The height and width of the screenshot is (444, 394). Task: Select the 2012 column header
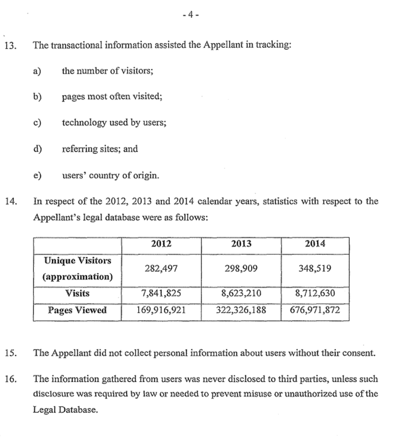click(x=161, y=244)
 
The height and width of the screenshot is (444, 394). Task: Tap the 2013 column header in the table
click(x=241, y=244)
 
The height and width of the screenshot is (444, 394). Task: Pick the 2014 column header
click(x=315, y=244)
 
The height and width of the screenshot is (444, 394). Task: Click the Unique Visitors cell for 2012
click(x=161, y=269)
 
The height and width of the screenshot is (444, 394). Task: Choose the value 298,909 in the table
click(x=241, y=269)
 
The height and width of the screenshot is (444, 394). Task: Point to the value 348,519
click(x=315, y=269)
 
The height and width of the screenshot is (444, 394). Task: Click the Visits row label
click(x=77, y=294)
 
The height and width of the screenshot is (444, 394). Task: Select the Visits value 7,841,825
click(x=161, y=294)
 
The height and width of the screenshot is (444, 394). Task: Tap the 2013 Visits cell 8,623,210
click(x=241, y=294)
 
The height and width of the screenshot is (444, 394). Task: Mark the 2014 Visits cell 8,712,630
click(x=315, y=294)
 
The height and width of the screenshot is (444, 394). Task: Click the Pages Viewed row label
click(x=77, y=310)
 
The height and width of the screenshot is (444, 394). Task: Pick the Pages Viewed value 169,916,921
click(x=161, y=310)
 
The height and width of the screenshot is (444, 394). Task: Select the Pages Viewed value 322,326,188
click(x=241, y=310)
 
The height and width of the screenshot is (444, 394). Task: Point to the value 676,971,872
click(x=315, y=310)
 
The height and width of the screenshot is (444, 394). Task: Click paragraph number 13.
click(x=10, y=46)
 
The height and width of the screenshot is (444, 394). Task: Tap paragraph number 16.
click(x=10, y=379)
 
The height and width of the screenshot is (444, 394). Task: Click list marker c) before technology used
click(x=37, y=123)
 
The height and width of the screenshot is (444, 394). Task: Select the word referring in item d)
click(x=77, y=149)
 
